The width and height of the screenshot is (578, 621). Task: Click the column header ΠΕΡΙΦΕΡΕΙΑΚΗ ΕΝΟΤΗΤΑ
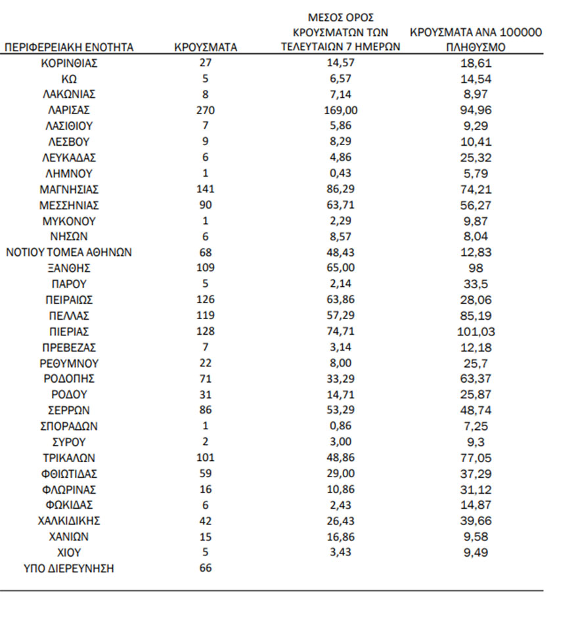pyautogui.click(x=69, y=47)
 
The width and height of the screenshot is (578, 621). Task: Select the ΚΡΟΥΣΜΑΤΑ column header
pyautogui.click(x=206, y=47)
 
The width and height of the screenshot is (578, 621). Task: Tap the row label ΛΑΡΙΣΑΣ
pyautogui.click(x=69, y=110)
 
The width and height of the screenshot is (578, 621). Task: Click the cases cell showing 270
pyautogui.click(x=206, y=110)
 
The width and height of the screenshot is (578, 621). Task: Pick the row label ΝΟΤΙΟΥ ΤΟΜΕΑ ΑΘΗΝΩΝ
pyautogui.click(x=69, y=252)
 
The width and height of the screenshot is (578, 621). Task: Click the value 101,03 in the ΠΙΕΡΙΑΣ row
pyautogui.click(x=476, y=332)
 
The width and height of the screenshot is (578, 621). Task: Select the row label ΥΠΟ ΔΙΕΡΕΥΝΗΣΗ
pyautogui.click(x=69, y=568)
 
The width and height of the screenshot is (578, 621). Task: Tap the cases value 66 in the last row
pyautogui.click(x=206, y=568)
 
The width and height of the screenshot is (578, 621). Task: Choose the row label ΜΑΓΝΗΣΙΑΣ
pyautogui.click(x=69, y=190)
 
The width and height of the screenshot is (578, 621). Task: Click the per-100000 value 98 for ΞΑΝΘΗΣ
pyautogui.click(x=476, y=268)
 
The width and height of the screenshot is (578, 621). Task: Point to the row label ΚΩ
pyautogui.click(x=69, y=79)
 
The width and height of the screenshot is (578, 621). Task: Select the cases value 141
pyautogui.click(x=206, y=190)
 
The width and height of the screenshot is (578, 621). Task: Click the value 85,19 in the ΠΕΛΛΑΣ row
pyautogui.click(x=476, y=316)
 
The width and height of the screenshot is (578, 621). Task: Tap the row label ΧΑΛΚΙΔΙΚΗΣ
pyautogui.click(x=69, y=521)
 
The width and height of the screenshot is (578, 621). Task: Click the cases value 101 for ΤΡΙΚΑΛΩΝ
pyautogui.click(x=206, y=458)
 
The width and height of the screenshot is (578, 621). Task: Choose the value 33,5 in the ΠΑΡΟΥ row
pyautogui.click(x=476, y=284)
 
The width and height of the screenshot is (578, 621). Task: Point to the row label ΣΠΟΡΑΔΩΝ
pyautogui.click(x=69, y=426)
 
